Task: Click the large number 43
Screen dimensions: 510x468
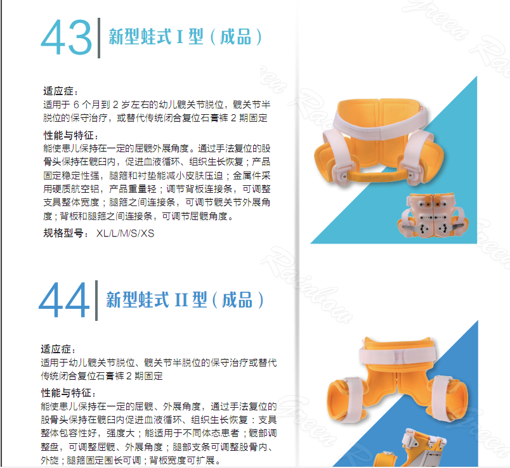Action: tap(67, 37)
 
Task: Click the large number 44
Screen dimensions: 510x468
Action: tap(64, 299)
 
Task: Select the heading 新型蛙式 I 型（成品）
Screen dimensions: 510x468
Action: tap(185, 37)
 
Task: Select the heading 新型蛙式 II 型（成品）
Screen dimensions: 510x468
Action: tap(185, 299)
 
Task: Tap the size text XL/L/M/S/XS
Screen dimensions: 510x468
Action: tap(125, 233)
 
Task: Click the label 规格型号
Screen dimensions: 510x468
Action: tap(63, 233)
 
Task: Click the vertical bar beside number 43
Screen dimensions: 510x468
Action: tap(99, 38)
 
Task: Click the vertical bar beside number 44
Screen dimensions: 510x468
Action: tap(96, 300)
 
